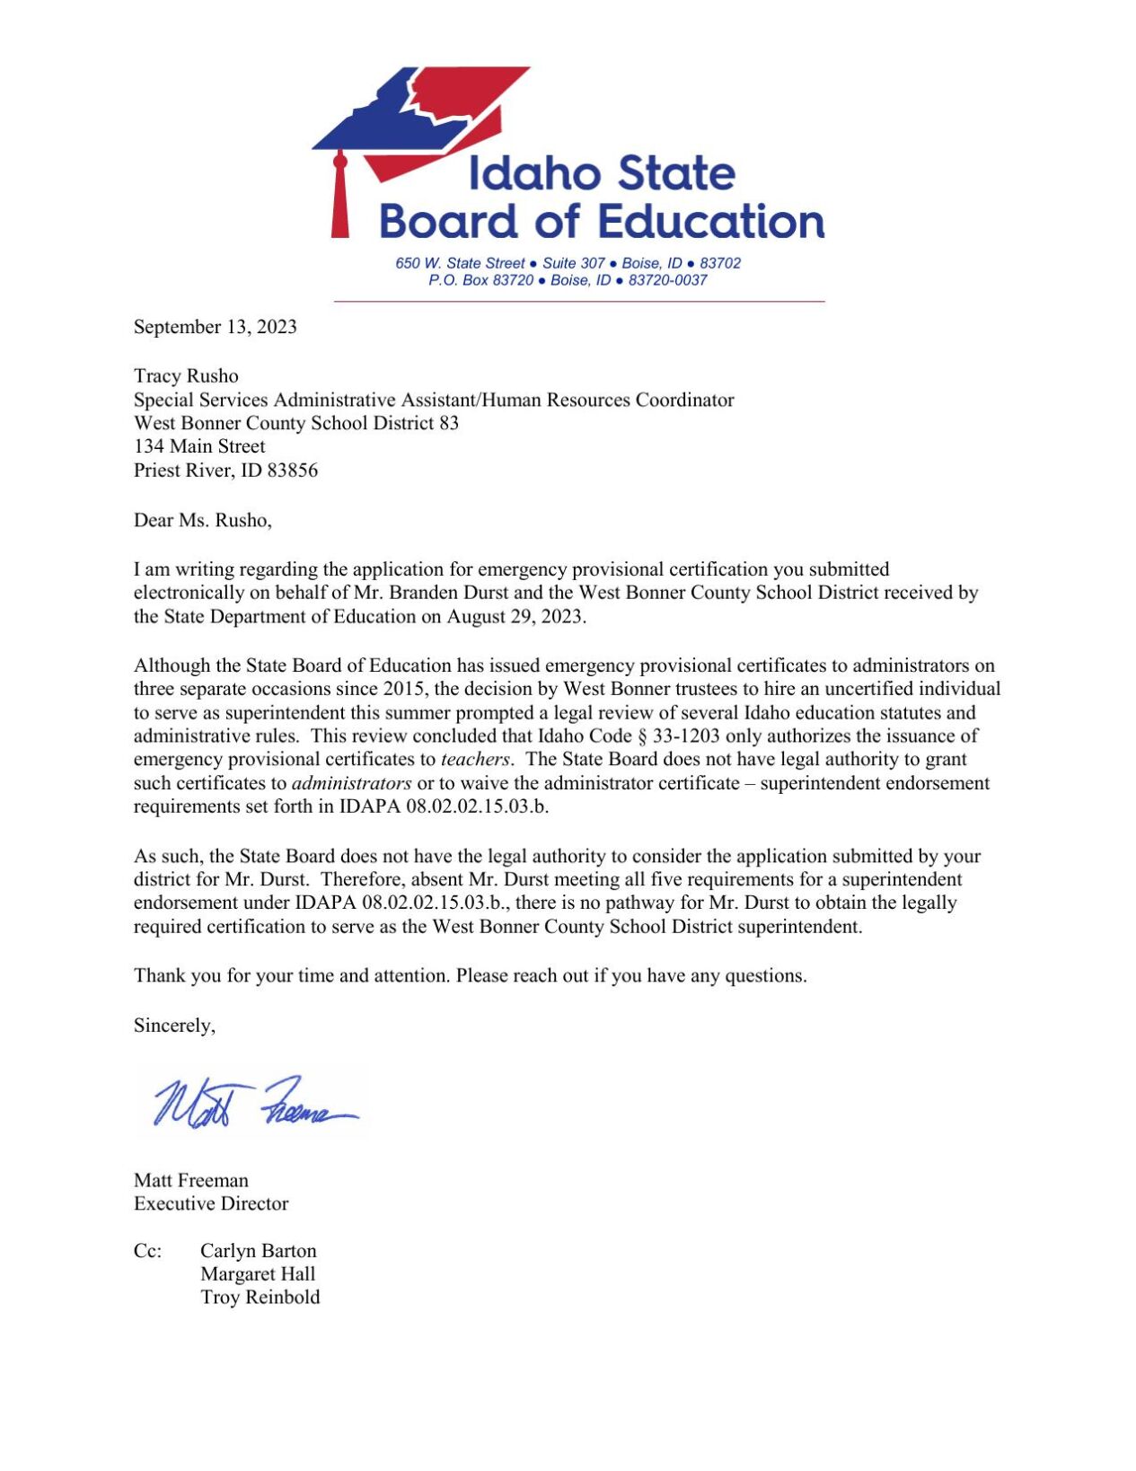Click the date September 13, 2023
click(x=215, y=327)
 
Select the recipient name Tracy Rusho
click(x=186, y=375)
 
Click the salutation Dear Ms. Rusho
click(x=202, y=520)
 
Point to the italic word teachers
click(x=475, y=759)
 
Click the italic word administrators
click(x=351, y=782)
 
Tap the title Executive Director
click(x=211, y=1203)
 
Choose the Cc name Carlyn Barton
click(x=258, y=1250)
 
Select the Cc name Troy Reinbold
click(x=260, y=1297)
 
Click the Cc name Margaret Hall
click(x=258, y=1273)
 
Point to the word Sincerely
click(x=174, y=1025)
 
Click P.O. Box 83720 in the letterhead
click(x=480, y=280)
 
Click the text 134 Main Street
click(x=199, y=446)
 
